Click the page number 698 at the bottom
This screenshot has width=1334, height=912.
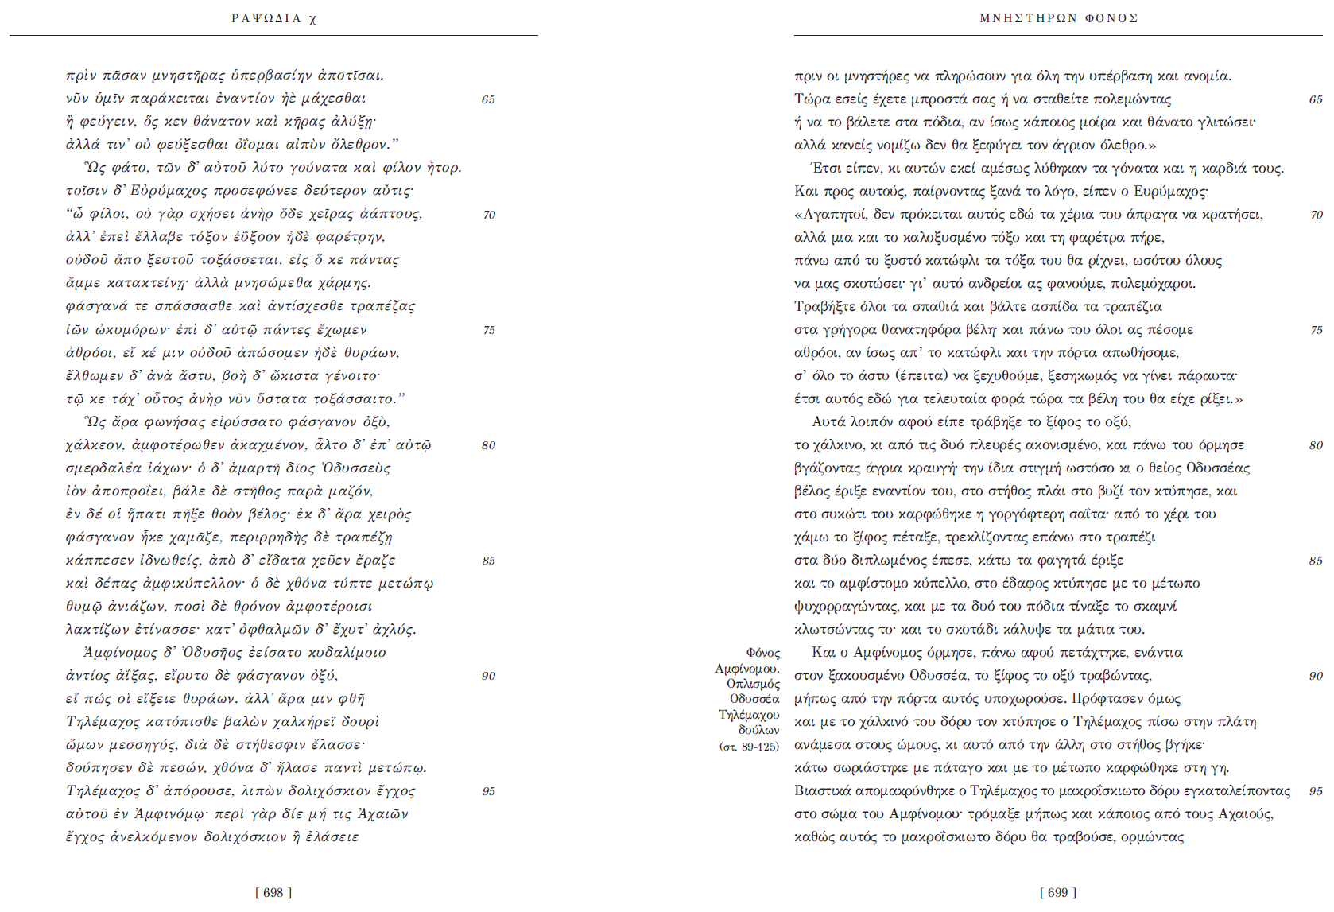[x=273, y=892]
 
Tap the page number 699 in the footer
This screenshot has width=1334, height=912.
[x=1058, y=892]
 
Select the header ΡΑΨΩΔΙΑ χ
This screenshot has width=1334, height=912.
[x=274, y=18]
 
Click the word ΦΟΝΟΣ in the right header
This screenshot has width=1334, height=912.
[x=1111, y=18]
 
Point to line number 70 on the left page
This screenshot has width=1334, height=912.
[x=489, y=215]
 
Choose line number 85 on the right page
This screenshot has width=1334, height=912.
[x=1316, y=561]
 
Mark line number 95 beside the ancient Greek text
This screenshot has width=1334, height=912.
[x=489, y=791]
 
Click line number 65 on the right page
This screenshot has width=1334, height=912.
[x=1316, y=99]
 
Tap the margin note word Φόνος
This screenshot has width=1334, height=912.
[x=763, y=653]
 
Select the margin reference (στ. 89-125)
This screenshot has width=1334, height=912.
[x=750, y=746]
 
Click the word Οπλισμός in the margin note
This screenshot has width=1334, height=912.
[x=753, y=684]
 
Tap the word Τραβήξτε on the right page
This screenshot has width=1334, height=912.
[x=822, y=307]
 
